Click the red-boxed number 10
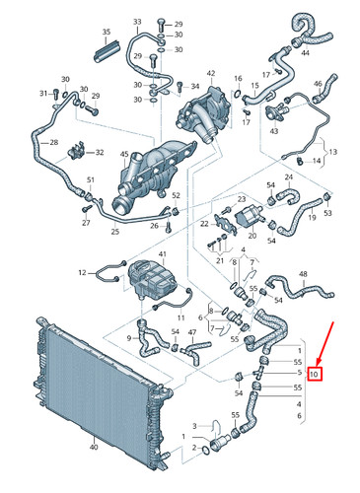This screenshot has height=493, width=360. (314, 375)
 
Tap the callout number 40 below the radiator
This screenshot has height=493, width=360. (93, 447)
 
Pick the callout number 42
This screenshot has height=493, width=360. (210, 73)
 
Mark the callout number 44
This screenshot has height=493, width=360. (304, 52)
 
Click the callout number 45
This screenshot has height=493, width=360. (124, 153)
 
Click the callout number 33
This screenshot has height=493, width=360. (136, 22)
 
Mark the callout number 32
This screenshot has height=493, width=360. (100, 153)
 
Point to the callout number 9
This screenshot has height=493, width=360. (129, 338)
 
